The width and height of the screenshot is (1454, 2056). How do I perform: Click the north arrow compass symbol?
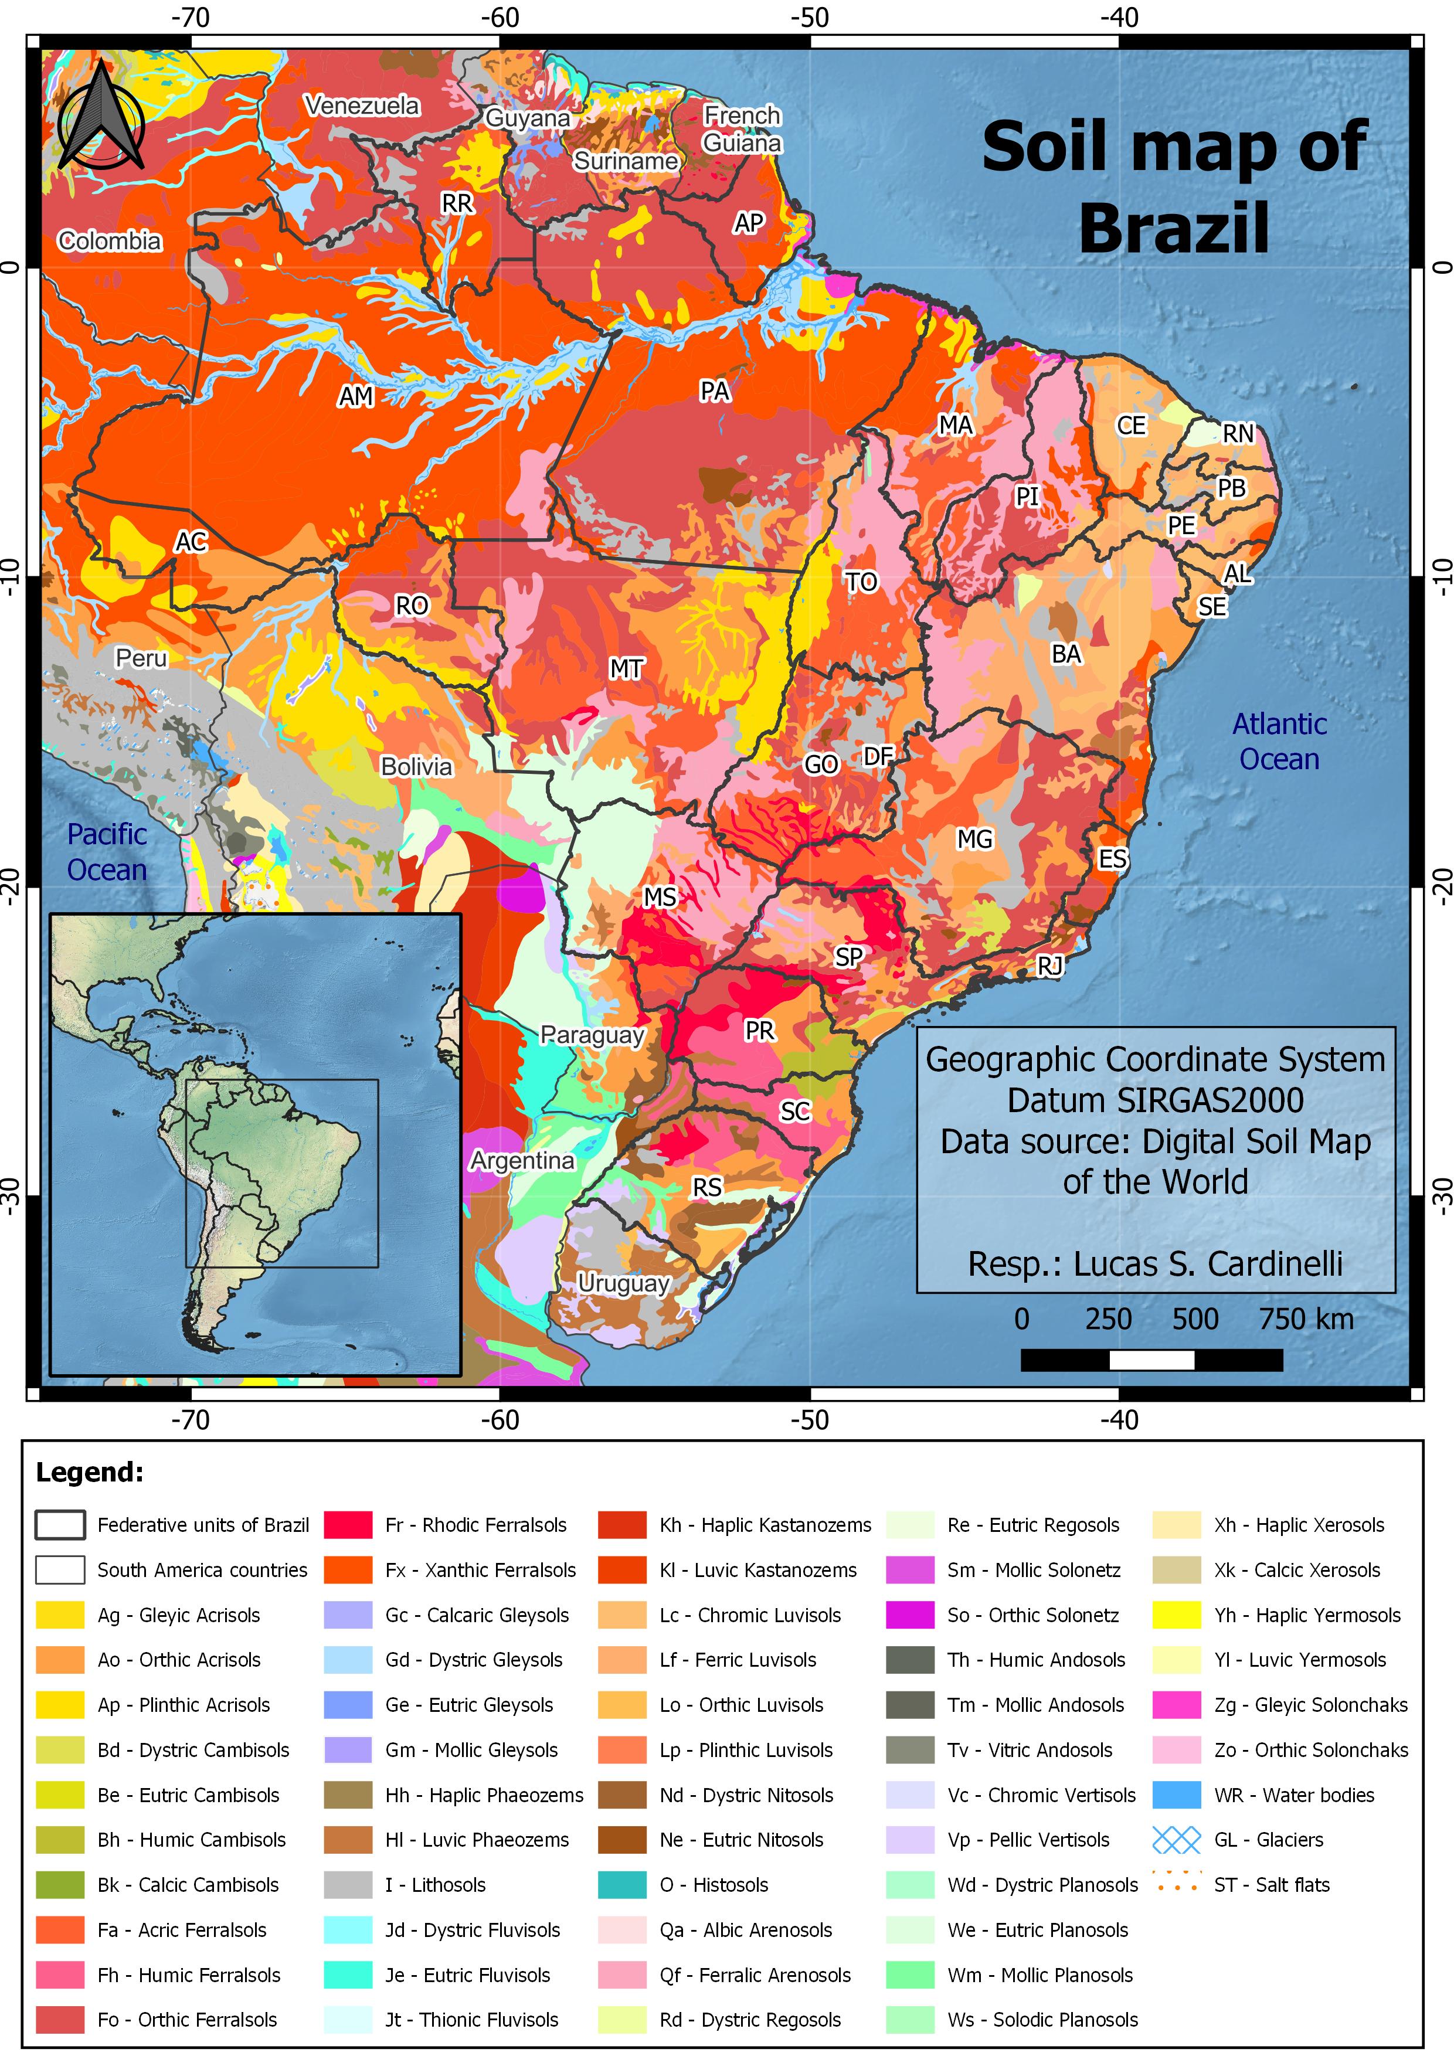pyautogui.click(x=101, y=117)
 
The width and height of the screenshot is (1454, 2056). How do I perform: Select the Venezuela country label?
pyautogui.click(x=362, y=106)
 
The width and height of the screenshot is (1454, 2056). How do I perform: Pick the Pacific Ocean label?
pyautogui.click(x=107, y=852)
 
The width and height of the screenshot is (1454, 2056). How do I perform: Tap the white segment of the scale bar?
pyautogui.click(x=1151, y=1360)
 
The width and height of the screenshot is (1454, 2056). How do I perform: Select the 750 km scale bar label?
pyautogui.click(x=1306, y=1319)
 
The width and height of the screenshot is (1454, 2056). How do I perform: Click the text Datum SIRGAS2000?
pyautogui.click(x=1155, y=1100)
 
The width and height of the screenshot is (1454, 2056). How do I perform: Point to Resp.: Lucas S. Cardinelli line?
pyautogui.click(x=1155, y=1263)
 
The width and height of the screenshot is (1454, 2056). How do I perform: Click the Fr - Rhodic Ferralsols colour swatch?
pyautogui.click(x=348, y=1525)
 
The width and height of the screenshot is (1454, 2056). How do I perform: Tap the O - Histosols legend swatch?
pyautogui.click(x=622, y=1885)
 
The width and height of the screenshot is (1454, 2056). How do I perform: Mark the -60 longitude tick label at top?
pyautogui.click(x=499, y=18)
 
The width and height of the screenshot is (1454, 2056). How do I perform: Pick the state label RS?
pyautogui.click(x=707, y=1187)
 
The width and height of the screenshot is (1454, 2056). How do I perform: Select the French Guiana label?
pyautogui.click(x=742, y=129)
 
